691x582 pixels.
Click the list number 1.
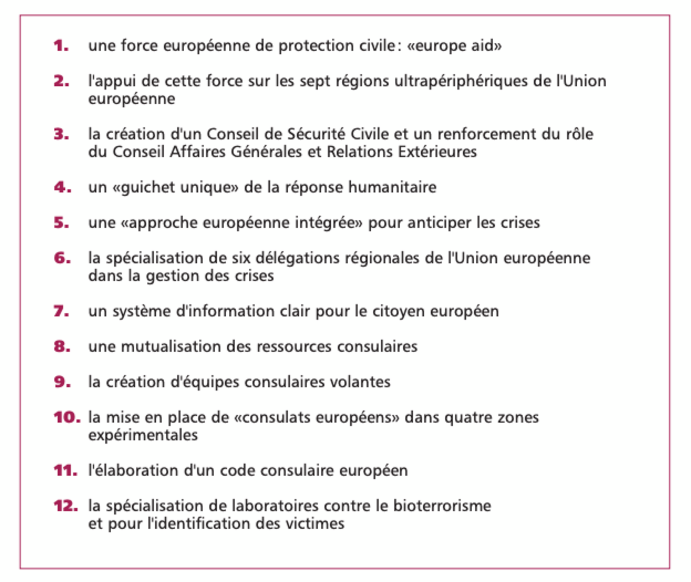click(61, 46)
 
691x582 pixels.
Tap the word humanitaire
click(393, 187)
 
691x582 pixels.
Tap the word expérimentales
click(143, 435)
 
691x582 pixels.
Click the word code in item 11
click(237, 471)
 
